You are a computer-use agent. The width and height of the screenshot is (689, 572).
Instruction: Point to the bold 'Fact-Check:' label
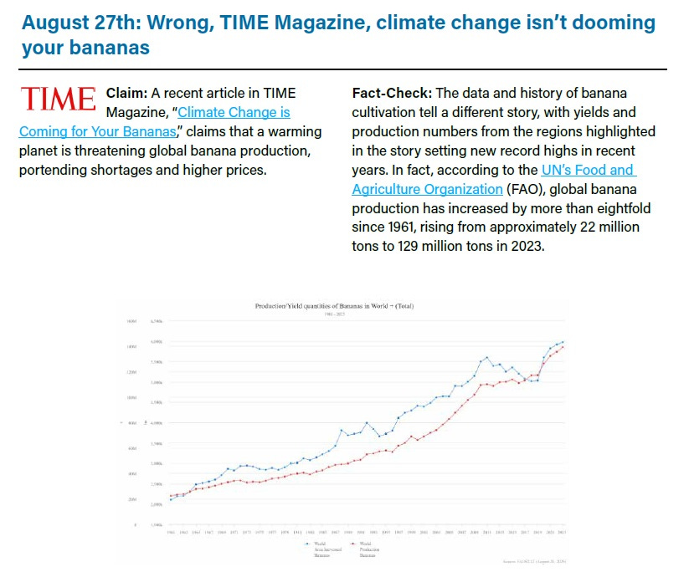(391, 93)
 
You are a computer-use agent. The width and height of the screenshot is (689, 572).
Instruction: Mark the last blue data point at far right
(563, 342)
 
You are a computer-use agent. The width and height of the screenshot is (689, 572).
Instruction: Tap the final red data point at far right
(563, 347)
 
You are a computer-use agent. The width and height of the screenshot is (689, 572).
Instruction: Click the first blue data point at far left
(172, 499)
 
